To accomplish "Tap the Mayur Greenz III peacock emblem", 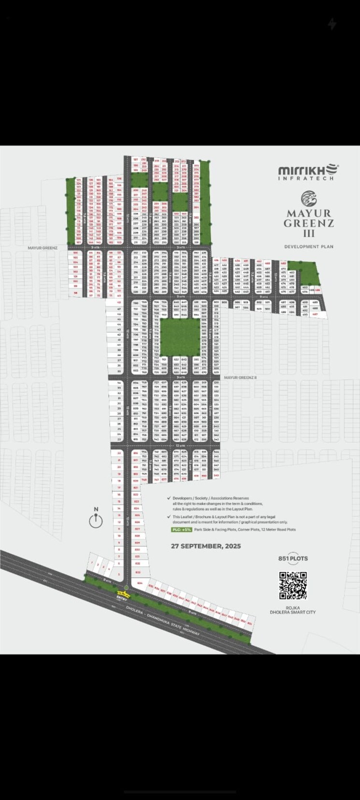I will point(309,198).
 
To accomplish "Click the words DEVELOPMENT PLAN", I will point(309,246).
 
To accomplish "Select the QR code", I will point(293,586).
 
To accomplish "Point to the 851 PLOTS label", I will point(293,558).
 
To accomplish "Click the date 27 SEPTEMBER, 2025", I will point(205,546).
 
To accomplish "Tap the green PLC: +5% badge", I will point(181,529).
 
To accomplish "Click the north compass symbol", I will point(96,520).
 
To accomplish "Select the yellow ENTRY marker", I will point(122,594).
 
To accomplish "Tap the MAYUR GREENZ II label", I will point(240,377).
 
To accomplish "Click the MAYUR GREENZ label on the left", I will point(43,248).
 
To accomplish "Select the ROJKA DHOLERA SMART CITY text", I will point(293,610).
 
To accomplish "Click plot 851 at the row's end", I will point(249,624).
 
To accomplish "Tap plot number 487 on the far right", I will point(315,314).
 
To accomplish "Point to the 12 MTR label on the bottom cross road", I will point(180,445).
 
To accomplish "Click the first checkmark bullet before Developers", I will point(168,498).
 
